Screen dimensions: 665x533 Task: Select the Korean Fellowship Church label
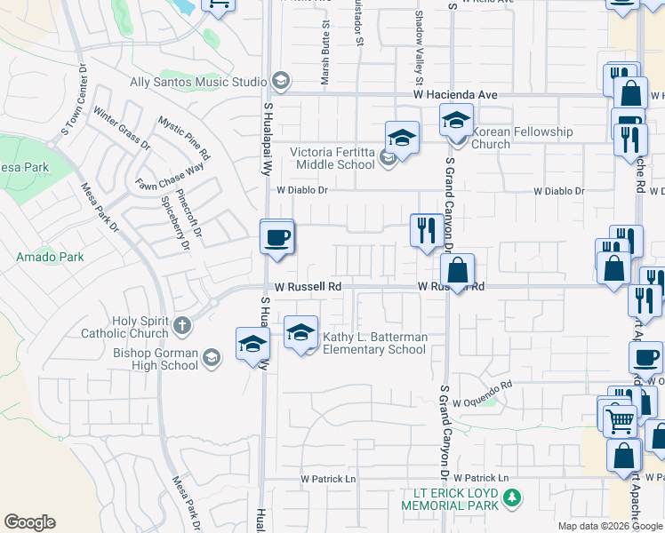pyautogui.click(x=522, y=138)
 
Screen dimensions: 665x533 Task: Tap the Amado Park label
pyautogui.click(x=50, y=257)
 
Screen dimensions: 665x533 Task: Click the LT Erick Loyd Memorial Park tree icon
pyautogui.click(x=511, y=498)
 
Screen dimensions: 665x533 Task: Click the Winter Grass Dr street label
pyautogui.click(x=122, y=129)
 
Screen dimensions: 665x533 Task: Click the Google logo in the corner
pyautogui.click(x=29, y=522)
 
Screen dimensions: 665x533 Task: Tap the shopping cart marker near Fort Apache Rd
pyautogui.click(x=619, y=418)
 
